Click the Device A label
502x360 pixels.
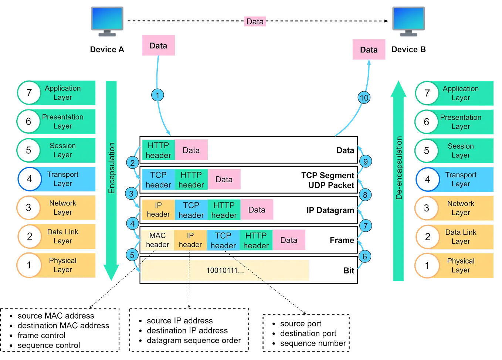[x=107, y=50]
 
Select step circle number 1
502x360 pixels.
[x=157, y=95]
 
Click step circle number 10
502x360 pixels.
[x=364, y=98]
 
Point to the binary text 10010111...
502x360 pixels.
[x=225, y=271]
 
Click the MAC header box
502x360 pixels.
[x=157, y=240]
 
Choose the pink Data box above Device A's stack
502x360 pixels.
[x=158, y=46]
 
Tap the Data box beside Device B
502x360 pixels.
[x=369, y=50]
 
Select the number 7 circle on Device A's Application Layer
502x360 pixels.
[x=29, y=92]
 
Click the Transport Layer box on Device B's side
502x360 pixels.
[x=460, y=179]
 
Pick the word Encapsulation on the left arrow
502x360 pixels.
[x=112, y=168]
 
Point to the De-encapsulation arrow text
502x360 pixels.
[x=398, y=168]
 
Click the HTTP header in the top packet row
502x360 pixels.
[x=158, y=150]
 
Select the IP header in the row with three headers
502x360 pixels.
[x=158, y=210]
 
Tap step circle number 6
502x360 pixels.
[x=364, y=257]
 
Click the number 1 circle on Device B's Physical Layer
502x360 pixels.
[x=427, y=265]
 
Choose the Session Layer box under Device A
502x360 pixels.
[x=63, y=150]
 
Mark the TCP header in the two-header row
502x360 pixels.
[x=158, y=180]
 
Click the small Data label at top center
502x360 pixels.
[x=255, y=21]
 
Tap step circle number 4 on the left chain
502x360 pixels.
[x=132, y=224]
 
